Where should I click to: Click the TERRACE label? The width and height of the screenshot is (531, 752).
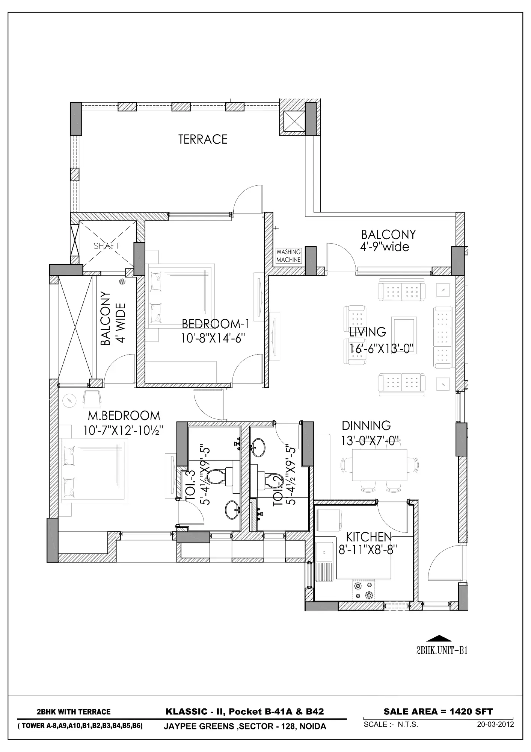203,139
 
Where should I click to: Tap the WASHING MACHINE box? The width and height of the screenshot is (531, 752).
288,256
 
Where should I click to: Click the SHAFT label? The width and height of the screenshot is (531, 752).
107,246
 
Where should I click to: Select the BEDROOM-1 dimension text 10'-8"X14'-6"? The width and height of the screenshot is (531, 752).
213,338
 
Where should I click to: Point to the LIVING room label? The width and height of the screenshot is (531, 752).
367,332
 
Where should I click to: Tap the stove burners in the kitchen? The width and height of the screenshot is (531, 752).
364,591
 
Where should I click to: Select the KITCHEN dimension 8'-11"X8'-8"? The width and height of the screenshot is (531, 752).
368,550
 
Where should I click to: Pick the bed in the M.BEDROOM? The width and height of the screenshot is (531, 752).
95,471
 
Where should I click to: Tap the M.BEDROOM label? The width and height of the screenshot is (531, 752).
124,416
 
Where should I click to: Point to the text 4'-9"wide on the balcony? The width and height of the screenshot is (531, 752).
385,247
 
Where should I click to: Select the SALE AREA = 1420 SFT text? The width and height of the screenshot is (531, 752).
438,711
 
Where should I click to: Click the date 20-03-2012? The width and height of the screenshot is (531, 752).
495,724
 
